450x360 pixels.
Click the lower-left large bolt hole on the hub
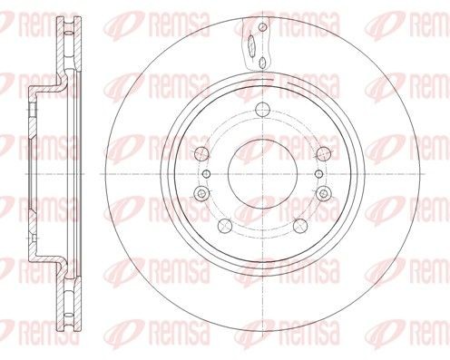pos(225,224)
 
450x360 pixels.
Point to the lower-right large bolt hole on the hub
pos(298,224)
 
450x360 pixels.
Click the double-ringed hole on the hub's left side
pos(199,192)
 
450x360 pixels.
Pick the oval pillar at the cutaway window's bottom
pos(260,62)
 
